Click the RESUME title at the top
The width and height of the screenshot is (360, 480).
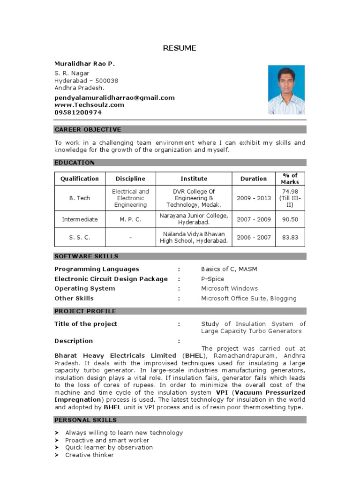point(180,48)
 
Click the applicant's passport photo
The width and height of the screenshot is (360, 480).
point(286,90)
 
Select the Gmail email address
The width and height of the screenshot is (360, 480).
point(114,97)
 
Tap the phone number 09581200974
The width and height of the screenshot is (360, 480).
point(78,112)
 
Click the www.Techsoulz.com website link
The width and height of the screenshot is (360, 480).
point(89,105)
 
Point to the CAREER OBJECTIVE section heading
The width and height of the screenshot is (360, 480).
point(88,129)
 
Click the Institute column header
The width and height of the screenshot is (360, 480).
point(194,179)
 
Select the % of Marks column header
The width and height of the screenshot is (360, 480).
point(290,179)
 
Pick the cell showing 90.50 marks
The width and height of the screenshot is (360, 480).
point(290,219)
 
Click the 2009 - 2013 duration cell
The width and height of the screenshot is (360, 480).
point(254,198)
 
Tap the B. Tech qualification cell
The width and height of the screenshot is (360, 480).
point(80,198)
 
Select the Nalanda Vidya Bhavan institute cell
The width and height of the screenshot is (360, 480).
point(194,237)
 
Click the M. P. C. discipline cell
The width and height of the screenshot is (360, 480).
point(130,219)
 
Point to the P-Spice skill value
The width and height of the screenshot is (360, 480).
point(212,279)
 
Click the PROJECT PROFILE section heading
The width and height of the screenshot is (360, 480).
point(85,311)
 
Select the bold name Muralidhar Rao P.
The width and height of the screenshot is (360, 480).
point(84,63)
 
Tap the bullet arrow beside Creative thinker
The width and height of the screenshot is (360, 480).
point(57,455)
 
